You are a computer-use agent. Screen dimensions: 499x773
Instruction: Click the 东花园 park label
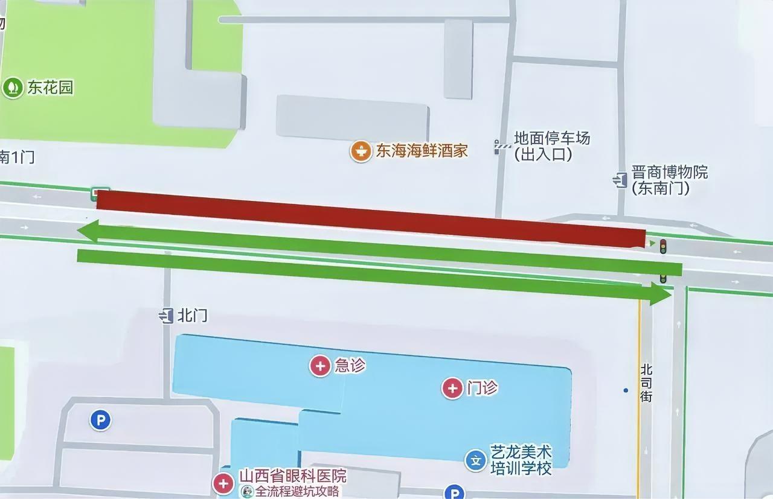click(50, 88)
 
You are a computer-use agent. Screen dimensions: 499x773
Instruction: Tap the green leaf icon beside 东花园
click(12, 88)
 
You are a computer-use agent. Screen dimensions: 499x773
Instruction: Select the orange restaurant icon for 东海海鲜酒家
click(361, 151)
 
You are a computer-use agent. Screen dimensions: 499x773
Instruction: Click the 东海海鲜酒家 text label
click(422, 151)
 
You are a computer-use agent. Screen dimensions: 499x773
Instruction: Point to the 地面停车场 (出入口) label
click(551, 147)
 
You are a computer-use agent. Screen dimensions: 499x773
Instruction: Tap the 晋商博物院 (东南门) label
click(669, 180)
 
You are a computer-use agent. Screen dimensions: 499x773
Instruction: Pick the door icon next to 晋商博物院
click(620, 179)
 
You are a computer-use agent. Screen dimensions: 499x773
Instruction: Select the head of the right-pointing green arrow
click(661, 294)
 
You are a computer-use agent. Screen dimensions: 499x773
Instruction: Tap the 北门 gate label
click(193, 316)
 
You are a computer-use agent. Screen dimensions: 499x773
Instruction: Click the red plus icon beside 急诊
click(320, 366)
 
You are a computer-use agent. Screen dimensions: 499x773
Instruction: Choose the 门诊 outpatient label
click(482, 388)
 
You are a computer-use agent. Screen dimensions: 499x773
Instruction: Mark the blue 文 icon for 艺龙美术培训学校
click(475, 461)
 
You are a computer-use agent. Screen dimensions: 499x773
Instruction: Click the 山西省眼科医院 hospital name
click(293, 476)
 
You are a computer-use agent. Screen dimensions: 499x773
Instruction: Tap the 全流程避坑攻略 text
click(297, 492)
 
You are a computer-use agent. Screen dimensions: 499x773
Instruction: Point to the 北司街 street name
click(646, 383)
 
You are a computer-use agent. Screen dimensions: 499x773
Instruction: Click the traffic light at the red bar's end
click(662, 246)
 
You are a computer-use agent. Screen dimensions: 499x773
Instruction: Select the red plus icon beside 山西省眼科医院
click(224, 483)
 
